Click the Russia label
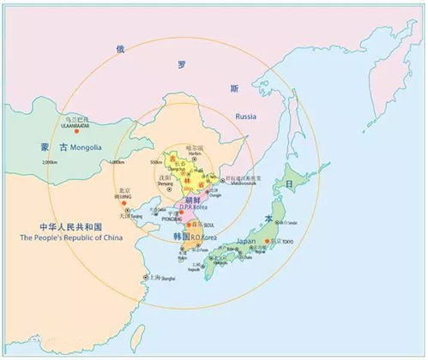(x=246, y=116)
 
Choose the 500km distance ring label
(x=155, y=163)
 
